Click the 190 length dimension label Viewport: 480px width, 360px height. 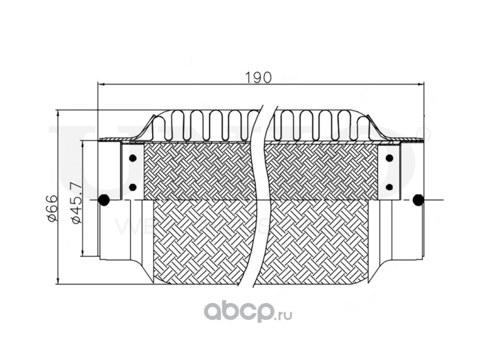[258, 77]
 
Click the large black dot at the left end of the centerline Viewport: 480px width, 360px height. [104, 200]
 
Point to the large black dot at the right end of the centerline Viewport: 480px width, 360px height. [418, 200]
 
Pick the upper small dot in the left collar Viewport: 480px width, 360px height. [132, 158]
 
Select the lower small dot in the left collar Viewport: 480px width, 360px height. [132, 187]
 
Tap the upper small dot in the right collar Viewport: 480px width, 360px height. [389, 158]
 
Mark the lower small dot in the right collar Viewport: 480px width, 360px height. [389, 187]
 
